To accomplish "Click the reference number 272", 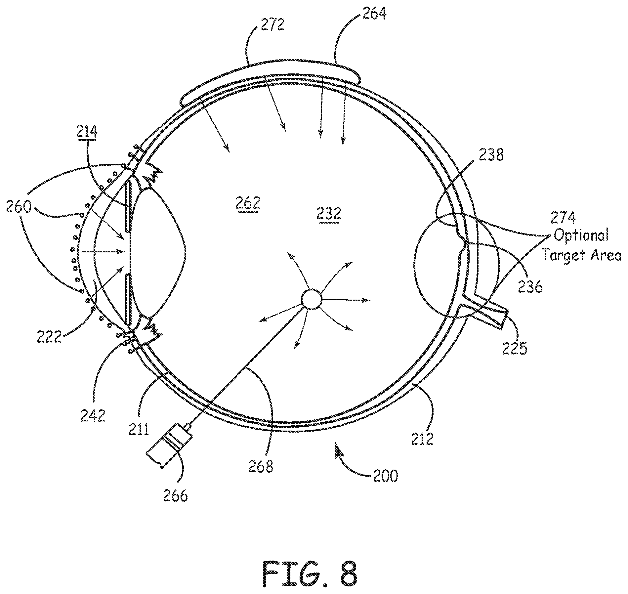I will click(272, 25).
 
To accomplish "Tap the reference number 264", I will click(374, 14).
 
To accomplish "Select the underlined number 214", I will click(87, 132).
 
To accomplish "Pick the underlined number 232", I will click(329, 214).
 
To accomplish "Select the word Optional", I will click(581, 236).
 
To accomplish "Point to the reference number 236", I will click(530, 287).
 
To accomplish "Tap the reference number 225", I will click(515, 348).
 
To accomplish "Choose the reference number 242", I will click(93, 415).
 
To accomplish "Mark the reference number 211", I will click(139, 429).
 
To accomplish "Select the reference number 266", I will click(175, 496).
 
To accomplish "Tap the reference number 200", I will click(386, 476).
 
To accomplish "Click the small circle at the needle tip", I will click(311, 299).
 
